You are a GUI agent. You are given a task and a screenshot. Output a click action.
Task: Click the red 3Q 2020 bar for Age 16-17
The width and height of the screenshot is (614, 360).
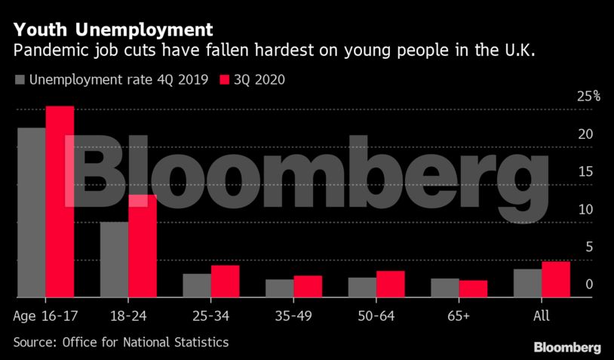coord(60,202)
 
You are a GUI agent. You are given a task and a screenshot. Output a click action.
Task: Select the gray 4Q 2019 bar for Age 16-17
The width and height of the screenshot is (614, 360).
coord(31,212)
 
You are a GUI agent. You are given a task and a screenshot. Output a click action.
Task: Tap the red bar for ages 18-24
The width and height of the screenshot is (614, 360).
coord(143,246)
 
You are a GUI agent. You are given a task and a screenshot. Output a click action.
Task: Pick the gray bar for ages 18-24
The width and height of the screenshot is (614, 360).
coord(114,260)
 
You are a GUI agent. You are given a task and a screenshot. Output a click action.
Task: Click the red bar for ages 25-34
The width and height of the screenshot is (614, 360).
coord(225,281)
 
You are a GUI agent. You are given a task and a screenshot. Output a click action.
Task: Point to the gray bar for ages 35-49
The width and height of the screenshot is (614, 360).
coord(280,288)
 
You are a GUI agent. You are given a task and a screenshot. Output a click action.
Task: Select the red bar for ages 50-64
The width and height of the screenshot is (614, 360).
coord(391,284)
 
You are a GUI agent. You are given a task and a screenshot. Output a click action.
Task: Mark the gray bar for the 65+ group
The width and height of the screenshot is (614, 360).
coord(445,288)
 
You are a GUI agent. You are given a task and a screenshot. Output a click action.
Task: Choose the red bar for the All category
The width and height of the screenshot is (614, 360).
coord(556,279)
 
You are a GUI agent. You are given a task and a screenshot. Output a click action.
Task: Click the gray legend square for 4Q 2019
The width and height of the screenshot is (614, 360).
coord(20,79)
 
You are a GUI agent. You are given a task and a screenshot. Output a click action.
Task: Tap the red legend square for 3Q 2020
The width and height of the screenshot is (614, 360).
coord(224,79)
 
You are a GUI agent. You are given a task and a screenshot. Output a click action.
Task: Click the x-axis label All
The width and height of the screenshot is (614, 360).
coord(541,315)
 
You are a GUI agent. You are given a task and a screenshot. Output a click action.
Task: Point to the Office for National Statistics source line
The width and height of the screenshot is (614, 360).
coord(121,342)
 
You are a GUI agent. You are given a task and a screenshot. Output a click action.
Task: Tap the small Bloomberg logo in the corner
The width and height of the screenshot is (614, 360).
coord(567,347)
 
